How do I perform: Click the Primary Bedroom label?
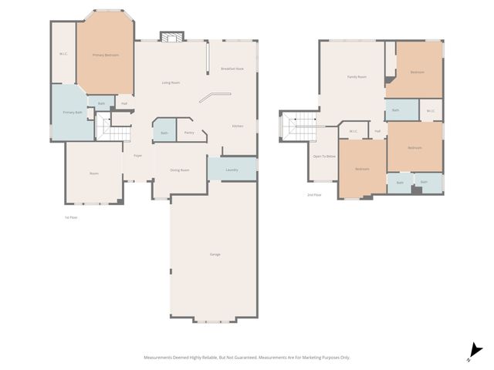tap(106, 55)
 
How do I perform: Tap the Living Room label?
tap(171, 82)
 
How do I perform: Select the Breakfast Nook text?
tap(232, 69)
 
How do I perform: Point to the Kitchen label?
tap(239, 126)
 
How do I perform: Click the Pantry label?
tap(189, 133)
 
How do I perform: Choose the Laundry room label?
tap(232, 170)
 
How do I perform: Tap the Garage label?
tap(215, 254)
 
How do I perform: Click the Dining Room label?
tap(180, 170)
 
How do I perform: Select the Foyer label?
tap(137, 156)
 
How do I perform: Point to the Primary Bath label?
tap(73, 113)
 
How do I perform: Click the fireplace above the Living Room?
tap(171, 36)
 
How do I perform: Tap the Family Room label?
tap(357, 77)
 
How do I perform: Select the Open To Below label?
tap(324, 156)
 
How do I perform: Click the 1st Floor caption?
tap(71, 217)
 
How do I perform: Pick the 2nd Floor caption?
tap(314, 195)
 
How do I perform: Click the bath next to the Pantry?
tap(164, 133)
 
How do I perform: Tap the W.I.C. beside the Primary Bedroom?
tap(63, 53)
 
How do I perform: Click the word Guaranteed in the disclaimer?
tap(247, 358)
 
